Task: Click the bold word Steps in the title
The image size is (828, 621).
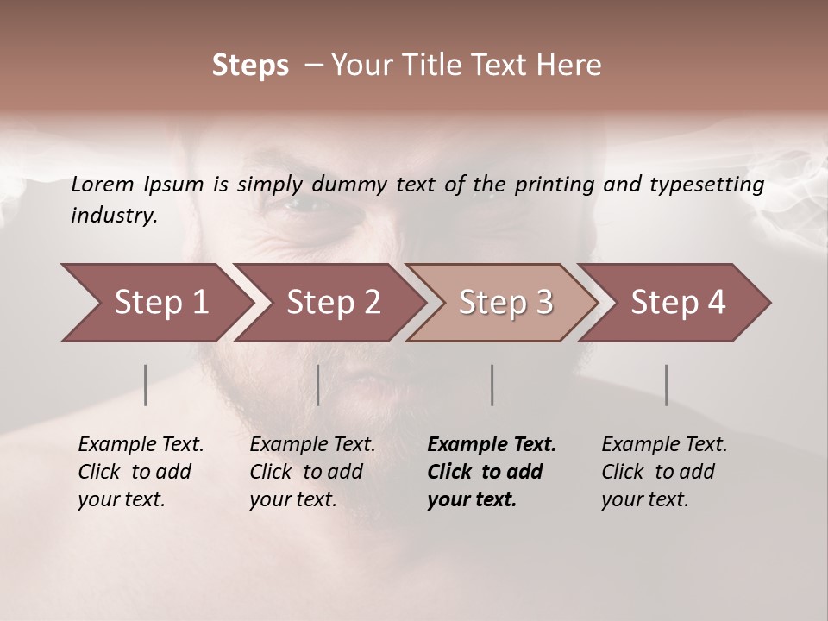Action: tap(250, 66)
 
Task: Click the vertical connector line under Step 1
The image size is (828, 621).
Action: tap(146, 385)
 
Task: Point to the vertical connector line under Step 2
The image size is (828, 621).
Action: tap(318, 385)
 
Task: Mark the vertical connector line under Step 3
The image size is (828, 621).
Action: tap(492, 385)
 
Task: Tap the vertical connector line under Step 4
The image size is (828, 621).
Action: tap(666, 385)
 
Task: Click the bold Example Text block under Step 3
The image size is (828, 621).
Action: tap(492, 472)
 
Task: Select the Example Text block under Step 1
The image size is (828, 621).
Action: tap(141, 472)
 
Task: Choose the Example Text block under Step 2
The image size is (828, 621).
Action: tap(312, 472)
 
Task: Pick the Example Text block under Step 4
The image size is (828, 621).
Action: tap(664, 472)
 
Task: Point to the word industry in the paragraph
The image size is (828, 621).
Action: tap(114, 216)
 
